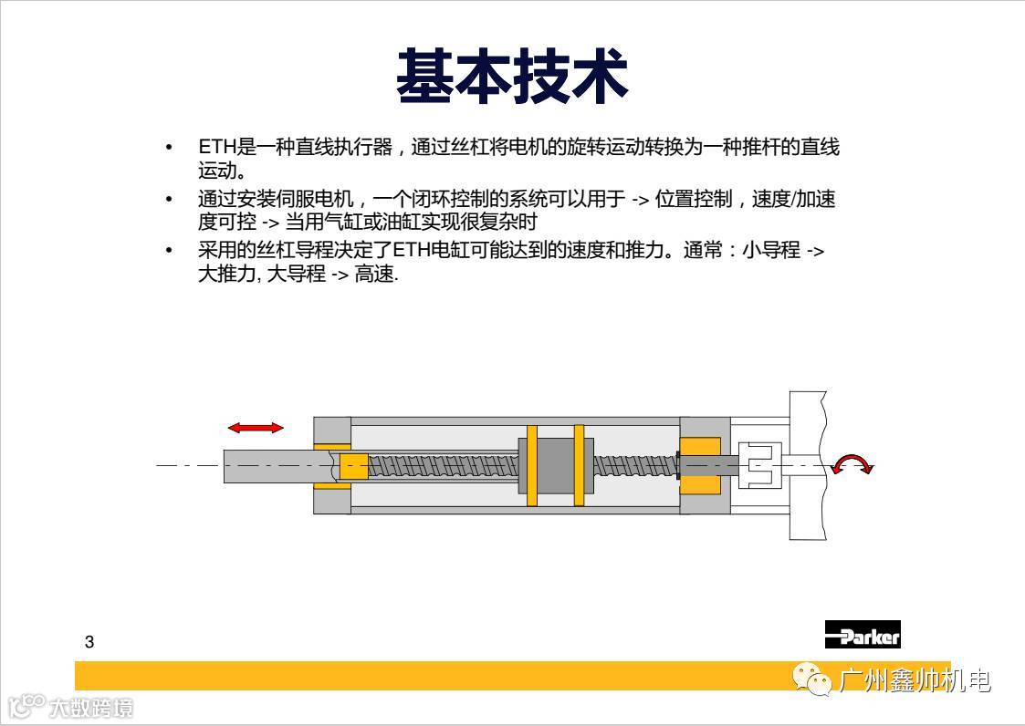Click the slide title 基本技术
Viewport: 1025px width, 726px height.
tap(512, 77)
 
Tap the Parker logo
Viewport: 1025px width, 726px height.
tap(863, 635)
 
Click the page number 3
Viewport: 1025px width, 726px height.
tap(89, 642)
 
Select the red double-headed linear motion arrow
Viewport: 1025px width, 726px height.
tap(256, 428)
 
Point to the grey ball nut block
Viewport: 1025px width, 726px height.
tap(556, 465)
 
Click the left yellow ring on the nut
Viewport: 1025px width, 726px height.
tap(531, 465)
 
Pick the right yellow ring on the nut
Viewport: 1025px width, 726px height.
tap(579, 465)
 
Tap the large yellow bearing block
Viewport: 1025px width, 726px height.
tap(700, 465)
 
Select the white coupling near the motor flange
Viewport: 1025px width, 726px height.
tap(759, 464)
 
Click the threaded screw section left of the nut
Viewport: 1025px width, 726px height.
tap(444, 466)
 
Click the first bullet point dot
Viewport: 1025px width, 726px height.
tap(169, 147)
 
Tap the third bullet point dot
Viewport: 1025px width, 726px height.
tap(169, 250)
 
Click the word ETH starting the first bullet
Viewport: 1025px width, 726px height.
tap(217, 146)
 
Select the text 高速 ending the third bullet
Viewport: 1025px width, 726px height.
tap(374, 273)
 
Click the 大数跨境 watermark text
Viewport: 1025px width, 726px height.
tap(91, 708)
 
